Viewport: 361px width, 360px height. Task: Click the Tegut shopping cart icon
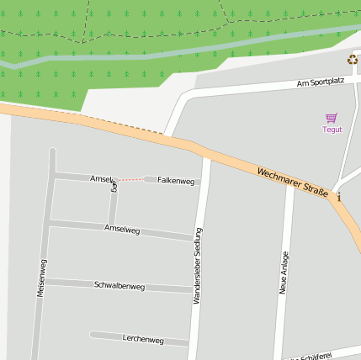[332, 119]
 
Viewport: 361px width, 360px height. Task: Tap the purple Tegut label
[332, 130]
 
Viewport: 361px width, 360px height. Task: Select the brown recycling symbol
[352, 59]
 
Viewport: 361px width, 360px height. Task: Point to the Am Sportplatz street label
[321, 83]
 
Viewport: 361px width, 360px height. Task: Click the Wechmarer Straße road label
[292, 183]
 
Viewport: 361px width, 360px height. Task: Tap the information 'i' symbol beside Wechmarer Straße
[339, 198]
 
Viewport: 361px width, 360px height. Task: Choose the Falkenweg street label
[176, 181]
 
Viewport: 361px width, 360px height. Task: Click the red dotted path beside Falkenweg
[129, 180]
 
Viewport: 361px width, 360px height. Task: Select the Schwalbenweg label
[119, 286]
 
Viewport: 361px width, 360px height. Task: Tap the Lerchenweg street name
[143, 340]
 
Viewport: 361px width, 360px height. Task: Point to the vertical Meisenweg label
[40, 276]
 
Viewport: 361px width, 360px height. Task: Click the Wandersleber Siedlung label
[198, 265]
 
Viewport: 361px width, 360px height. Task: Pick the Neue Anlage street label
[284, 273]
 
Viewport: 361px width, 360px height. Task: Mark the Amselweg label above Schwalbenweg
[122, 229]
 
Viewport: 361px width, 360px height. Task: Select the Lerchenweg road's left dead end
[93, 335]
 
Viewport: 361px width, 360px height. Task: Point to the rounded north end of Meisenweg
[52, 152]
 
